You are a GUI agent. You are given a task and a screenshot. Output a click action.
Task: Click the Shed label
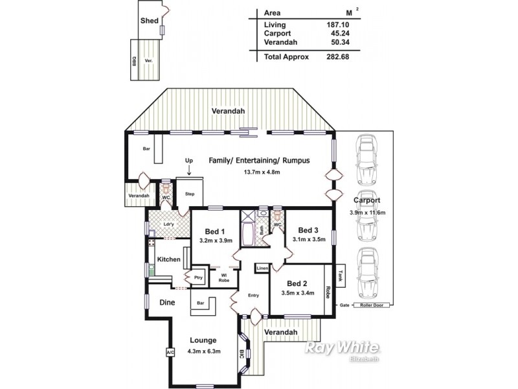tap(150, 21)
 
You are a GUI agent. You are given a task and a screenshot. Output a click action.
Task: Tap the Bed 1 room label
tap(214, 231)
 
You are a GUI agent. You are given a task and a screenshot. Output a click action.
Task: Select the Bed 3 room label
tap(308, 230)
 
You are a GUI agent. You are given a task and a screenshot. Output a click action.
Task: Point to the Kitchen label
tap(168, 259)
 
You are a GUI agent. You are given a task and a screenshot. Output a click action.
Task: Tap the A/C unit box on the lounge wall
tap(169, 353)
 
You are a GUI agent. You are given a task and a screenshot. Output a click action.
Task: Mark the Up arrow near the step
tap(189, 170)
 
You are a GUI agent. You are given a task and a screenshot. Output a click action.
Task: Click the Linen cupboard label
tap(262, 268)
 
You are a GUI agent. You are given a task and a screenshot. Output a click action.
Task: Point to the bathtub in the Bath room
tap(248, 231)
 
